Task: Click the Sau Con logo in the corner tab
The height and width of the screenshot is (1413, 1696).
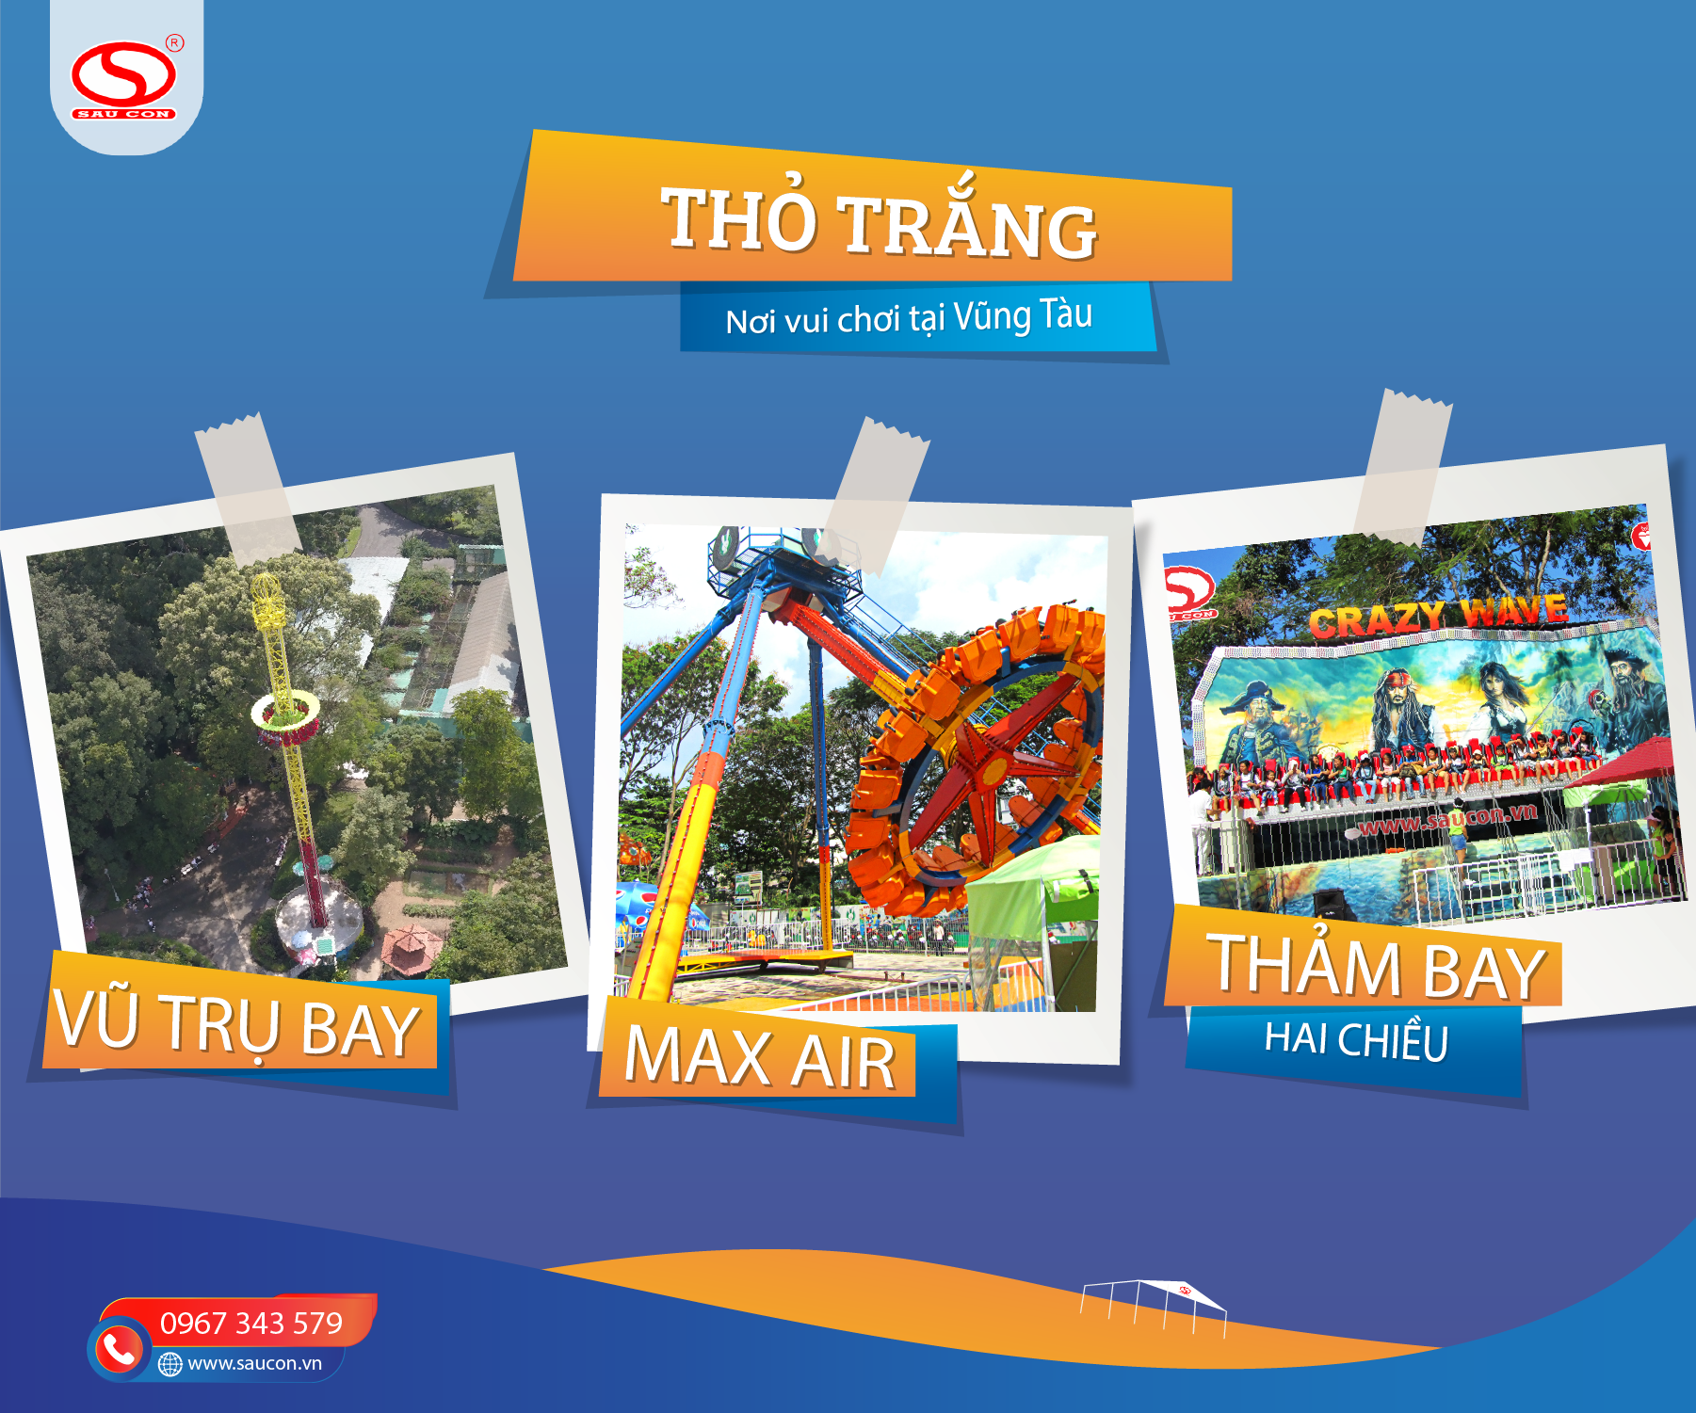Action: (123, 80)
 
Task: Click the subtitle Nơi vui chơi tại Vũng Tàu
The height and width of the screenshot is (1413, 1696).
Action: (909, 317)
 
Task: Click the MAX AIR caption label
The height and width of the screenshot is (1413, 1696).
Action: (759, 1057)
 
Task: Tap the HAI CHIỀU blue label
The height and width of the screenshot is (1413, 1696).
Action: (1356, 1040)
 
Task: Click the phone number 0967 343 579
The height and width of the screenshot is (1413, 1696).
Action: (251, 1323)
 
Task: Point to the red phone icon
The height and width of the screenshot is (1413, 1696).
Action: (119, 1349)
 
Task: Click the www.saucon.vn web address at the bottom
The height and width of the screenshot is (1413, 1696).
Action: (254, 1363)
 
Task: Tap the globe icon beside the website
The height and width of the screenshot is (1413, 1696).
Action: (170, 1364)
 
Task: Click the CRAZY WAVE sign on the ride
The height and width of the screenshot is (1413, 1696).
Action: (1438, 616)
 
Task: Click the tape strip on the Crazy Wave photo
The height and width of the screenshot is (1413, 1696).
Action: (1402, 467)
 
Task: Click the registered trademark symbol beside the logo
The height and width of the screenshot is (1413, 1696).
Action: (175, 42)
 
